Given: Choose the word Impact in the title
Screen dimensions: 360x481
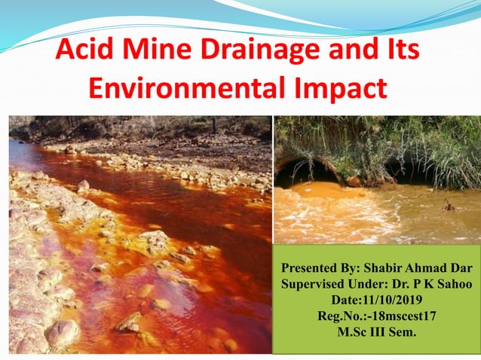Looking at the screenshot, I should [337, 89].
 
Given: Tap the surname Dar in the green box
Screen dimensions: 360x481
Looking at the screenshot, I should [459, 269].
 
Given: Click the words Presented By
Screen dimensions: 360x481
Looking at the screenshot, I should [320, 269].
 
